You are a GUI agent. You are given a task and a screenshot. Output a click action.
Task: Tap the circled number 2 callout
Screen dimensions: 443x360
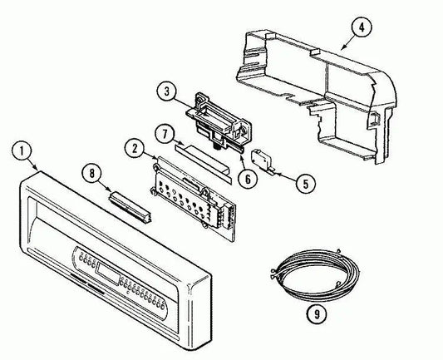pos(135,149)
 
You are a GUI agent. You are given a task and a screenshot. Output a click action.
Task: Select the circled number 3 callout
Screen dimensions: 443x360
pos(167,91)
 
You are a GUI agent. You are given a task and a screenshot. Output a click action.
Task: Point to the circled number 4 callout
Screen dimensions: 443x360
pos(362,27)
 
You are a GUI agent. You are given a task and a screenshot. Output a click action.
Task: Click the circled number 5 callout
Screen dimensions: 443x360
pos(306,185)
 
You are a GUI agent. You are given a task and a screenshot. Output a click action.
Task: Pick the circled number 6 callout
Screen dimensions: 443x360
pos(248,179)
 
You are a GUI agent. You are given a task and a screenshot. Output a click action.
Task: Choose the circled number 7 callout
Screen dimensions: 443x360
pos(165,133)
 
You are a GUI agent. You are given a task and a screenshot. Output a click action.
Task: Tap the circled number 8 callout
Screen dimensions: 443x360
pos(92,174)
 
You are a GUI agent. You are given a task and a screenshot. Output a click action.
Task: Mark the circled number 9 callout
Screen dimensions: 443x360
pos(317,313)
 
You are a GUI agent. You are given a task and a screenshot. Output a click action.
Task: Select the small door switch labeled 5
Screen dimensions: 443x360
pos(262,162)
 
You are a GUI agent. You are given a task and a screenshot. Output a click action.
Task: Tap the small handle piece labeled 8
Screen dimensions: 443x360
pos(130,206)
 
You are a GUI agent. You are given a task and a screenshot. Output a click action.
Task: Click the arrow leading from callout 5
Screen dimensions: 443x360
pos(286,176)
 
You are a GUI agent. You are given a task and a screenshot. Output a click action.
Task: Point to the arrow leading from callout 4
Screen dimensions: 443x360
pos(347,43)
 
